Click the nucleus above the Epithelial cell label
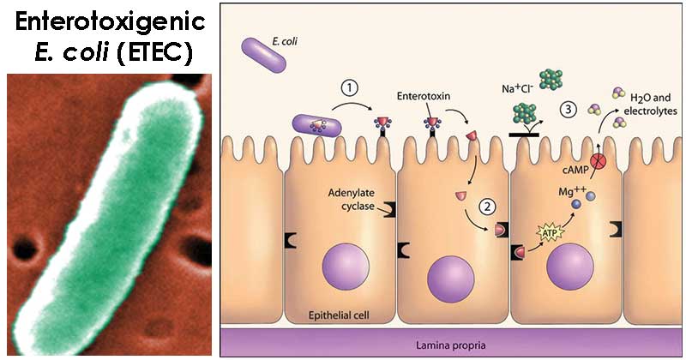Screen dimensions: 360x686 pyautogui.click(x=346, y=266)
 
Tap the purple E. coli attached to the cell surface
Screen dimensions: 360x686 pyautogui.click(x=317, y=126)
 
